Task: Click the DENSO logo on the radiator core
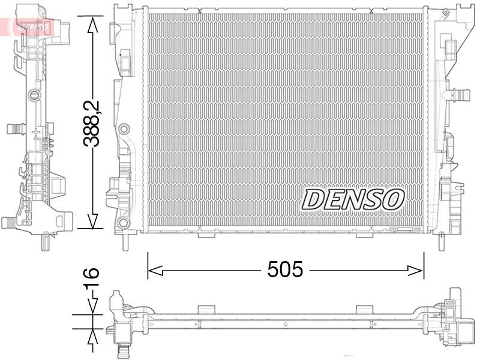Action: (353, 200)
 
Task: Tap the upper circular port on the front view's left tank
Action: (124, 129)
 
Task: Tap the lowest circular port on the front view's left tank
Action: (124, 223)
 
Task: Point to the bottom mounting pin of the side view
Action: (44, 241)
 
